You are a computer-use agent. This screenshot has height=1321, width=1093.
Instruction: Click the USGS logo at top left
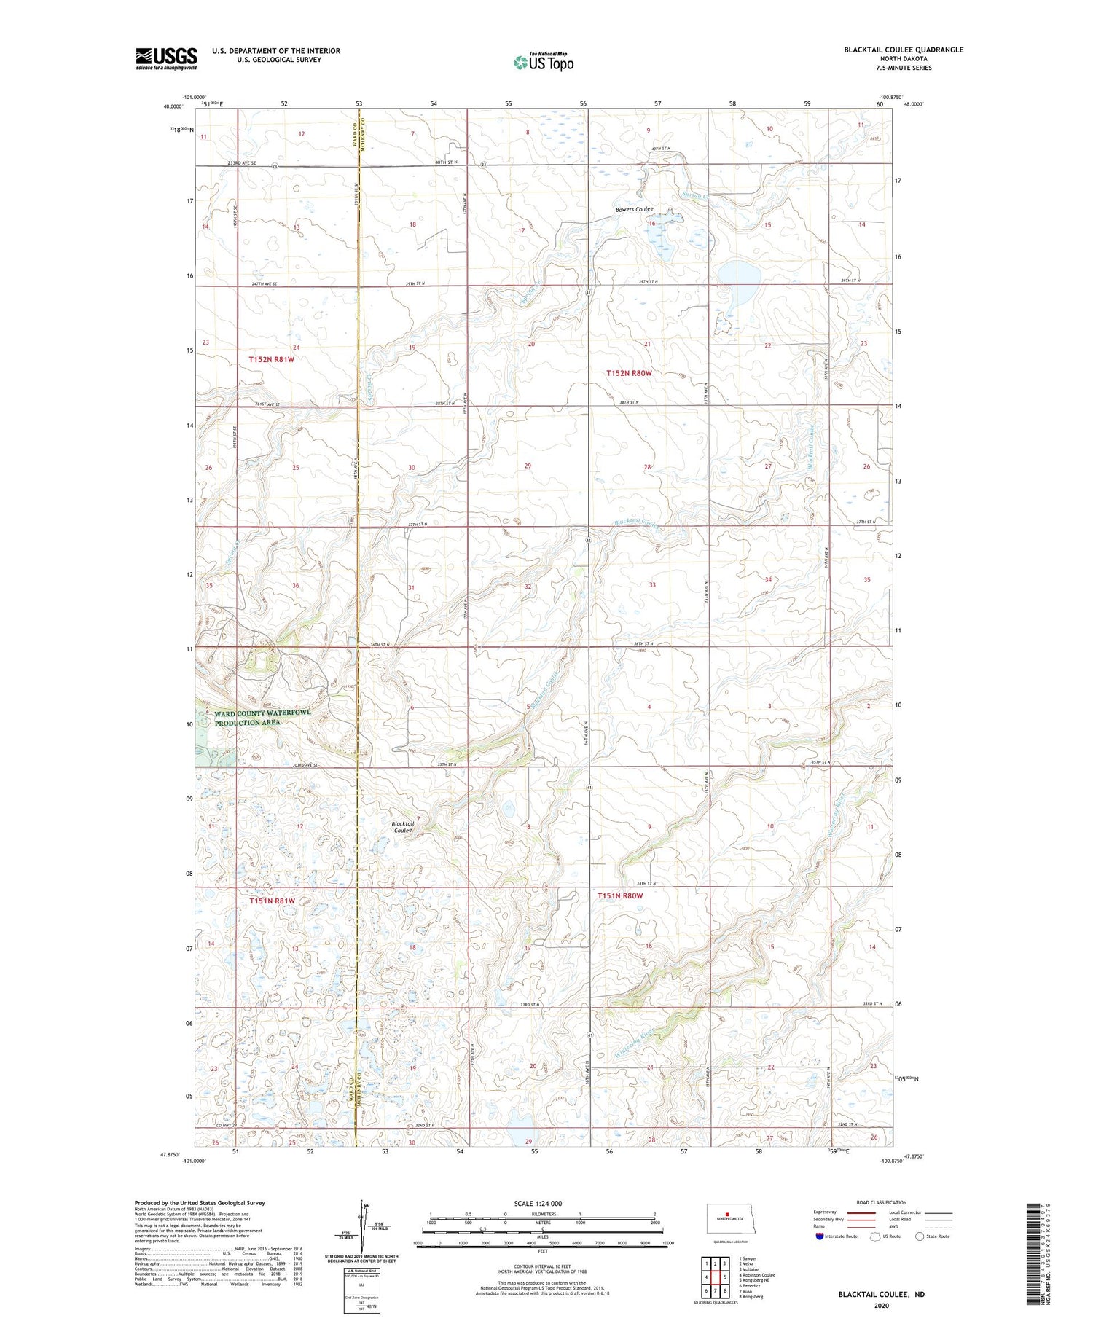[x=166, y=58]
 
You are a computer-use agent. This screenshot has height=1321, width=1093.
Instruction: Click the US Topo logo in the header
[x=544, y=62]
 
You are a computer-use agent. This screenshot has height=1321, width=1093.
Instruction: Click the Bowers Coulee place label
[x=634, y=209]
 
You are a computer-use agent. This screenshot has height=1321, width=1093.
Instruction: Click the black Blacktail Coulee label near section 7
[x=403, y=826]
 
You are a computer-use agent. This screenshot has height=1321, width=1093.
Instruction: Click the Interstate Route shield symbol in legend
[x=820, y=1236]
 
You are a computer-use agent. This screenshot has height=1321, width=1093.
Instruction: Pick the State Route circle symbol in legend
[x=920, y=1236]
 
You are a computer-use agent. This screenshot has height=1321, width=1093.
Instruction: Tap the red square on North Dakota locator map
[x=726, y=1214]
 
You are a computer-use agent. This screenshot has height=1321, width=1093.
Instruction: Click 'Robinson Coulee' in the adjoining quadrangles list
[x=758, y=1275]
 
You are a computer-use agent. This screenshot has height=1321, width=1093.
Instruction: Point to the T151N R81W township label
[x=271, y=901]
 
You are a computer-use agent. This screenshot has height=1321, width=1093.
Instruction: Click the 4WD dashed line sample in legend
[x=939, y=1226]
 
